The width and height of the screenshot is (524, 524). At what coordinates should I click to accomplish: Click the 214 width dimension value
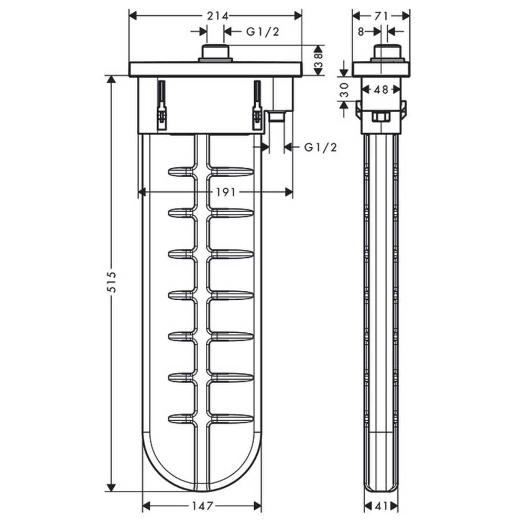click(x=217, y=16)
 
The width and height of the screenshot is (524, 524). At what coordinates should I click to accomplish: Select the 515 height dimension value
click(x=113, y=282)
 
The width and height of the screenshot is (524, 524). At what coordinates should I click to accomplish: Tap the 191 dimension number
click(x=225, y=192)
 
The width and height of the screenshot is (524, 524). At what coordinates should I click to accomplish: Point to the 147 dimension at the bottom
click(x=202, y=506)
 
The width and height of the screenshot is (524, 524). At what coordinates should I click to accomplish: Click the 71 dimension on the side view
click(x=381, y=16)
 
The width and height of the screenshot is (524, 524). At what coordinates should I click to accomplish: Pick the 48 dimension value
click(x=381, y=90)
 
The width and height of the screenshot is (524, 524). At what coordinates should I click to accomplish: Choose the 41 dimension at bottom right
click(x=381, y=506)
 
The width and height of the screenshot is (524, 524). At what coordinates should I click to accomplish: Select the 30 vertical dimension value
click(x=344, y=90)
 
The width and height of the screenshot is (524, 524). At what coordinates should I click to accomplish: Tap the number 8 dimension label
click(x=361, y=32)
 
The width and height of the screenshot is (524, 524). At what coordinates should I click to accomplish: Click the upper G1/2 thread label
click(x=263, y=32)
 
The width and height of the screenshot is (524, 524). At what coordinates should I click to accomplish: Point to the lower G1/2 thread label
click(x=321, y=147)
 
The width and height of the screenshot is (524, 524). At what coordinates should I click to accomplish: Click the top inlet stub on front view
click(x=215, y=53)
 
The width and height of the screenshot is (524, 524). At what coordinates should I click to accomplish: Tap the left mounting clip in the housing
click(x=161, y=105)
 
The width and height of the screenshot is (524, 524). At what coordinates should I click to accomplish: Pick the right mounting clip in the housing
click(x=257, y=105)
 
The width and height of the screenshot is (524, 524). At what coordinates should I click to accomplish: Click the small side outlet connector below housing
click(x=277, y=117)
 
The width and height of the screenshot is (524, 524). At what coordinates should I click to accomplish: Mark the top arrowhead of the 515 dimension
click(x=112, y=80)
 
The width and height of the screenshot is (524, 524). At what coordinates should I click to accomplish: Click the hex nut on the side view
click(x=381, y=117)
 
